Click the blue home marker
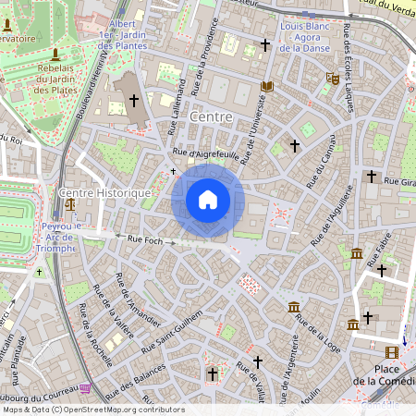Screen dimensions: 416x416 pos(208,200)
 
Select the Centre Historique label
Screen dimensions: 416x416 pos(104,192)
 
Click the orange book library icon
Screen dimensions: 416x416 pos(267,87)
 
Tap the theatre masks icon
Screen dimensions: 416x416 pos(332,80)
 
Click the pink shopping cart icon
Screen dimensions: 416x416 pos(85,388)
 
